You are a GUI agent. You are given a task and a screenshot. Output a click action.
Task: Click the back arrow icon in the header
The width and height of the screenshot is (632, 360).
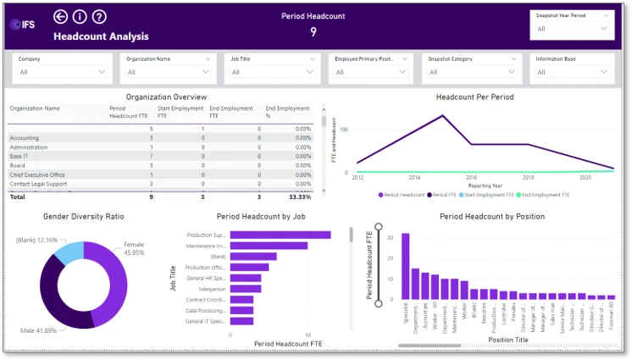(x=60, y=17)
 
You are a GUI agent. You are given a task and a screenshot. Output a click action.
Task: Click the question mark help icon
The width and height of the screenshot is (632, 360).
(x=99, y=17)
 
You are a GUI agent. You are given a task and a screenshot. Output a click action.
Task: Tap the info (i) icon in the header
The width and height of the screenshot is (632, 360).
(x=80, y=17)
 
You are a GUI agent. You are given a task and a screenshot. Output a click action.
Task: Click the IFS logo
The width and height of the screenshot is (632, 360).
(x=23, y=24)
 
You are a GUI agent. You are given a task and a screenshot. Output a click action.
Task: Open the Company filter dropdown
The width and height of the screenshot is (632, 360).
(x=62, y=72)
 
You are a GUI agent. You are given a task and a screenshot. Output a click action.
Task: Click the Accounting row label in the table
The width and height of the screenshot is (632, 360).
(x=25, y=137)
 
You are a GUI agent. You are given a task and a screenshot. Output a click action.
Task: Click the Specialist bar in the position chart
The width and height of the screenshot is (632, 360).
(x=406, y=266)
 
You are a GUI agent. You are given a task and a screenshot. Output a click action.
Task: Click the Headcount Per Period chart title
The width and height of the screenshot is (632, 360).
(x=474, y=97)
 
